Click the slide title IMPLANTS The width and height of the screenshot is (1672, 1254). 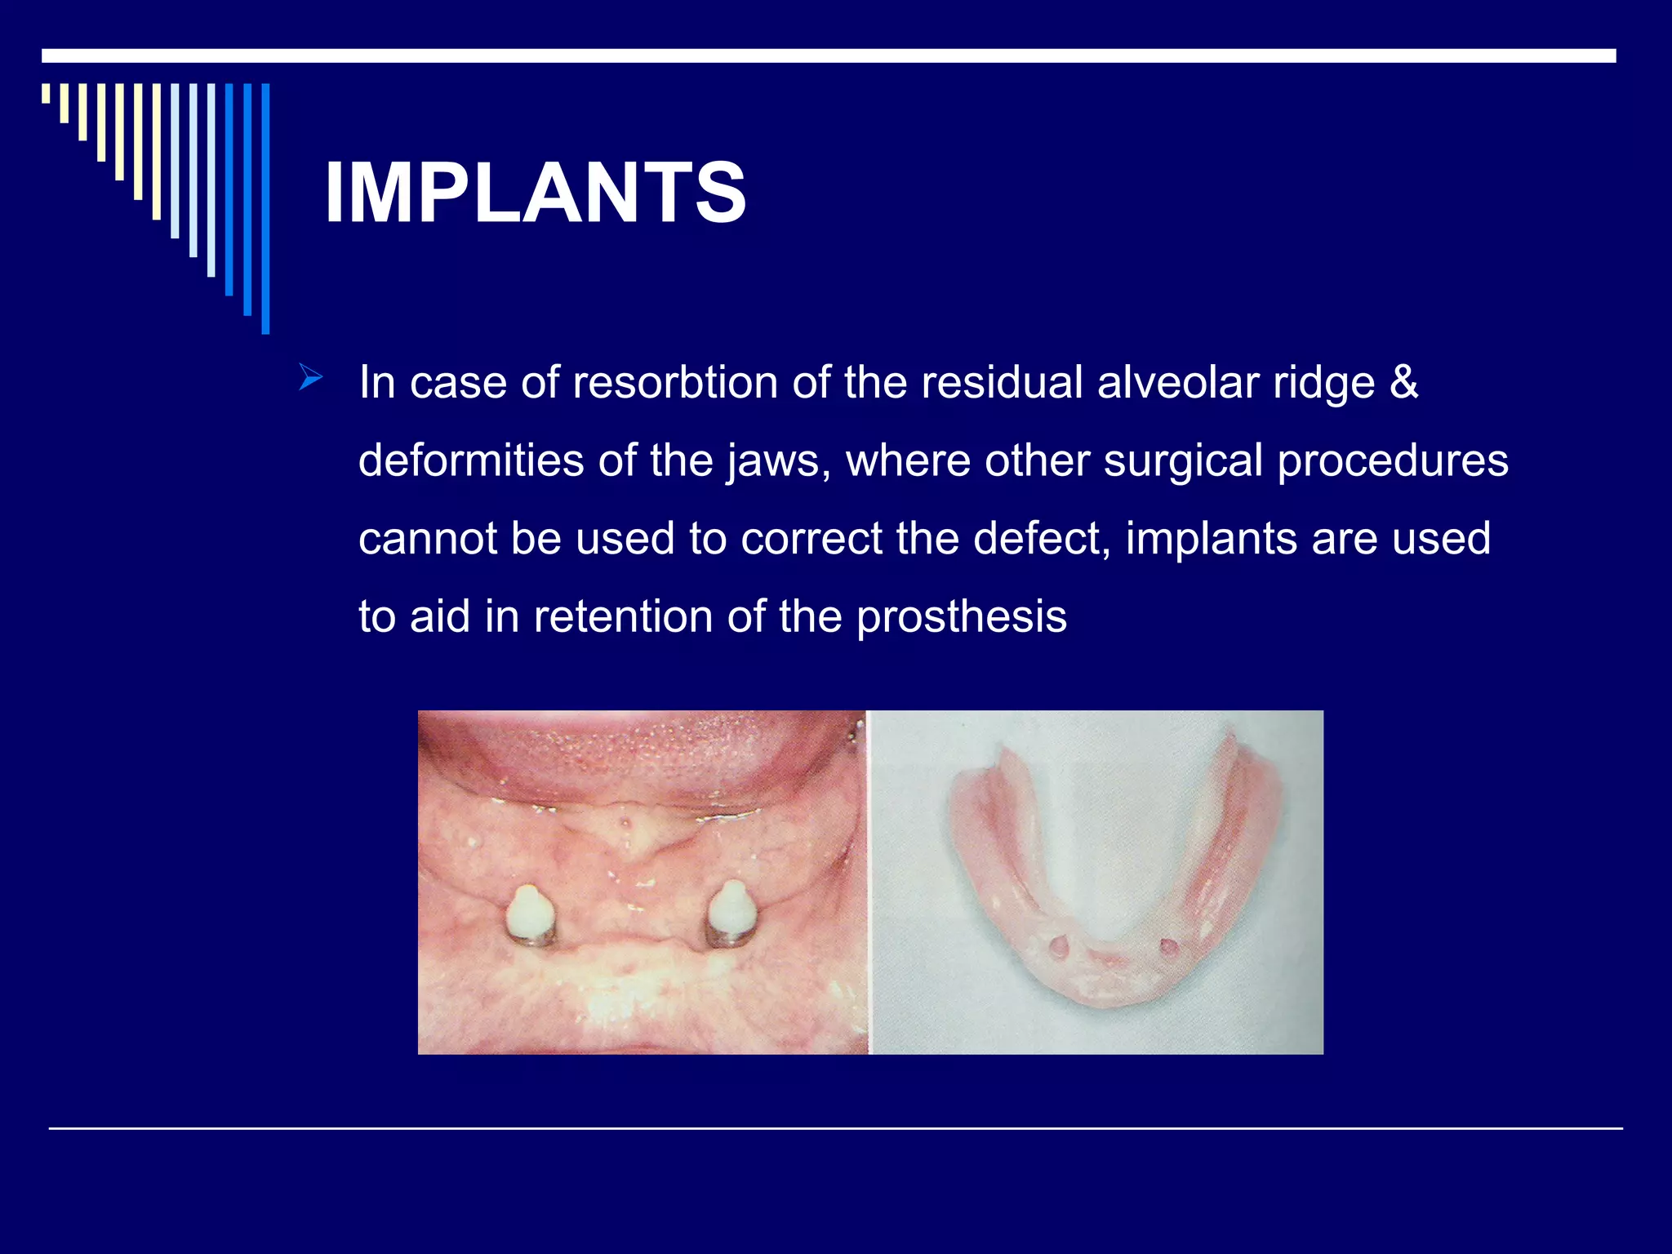tap(535, 193)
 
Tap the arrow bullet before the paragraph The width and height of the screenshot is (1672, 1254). tap(311, 377)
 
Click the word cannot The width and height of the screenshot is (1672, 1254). tap(427, 539)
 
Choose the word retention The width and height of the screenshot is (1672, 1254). tap(623, 616)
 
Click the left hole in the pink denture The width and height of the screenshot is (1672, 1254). tap(1058, 948)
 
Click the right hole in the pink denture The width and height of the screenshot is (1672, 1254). tap(1168, 947)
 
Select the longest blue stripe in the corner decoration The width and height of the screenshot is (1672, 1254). tap(265, 208)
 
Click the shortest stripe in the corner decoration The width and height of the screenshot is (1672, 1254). tap(46, 93)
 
